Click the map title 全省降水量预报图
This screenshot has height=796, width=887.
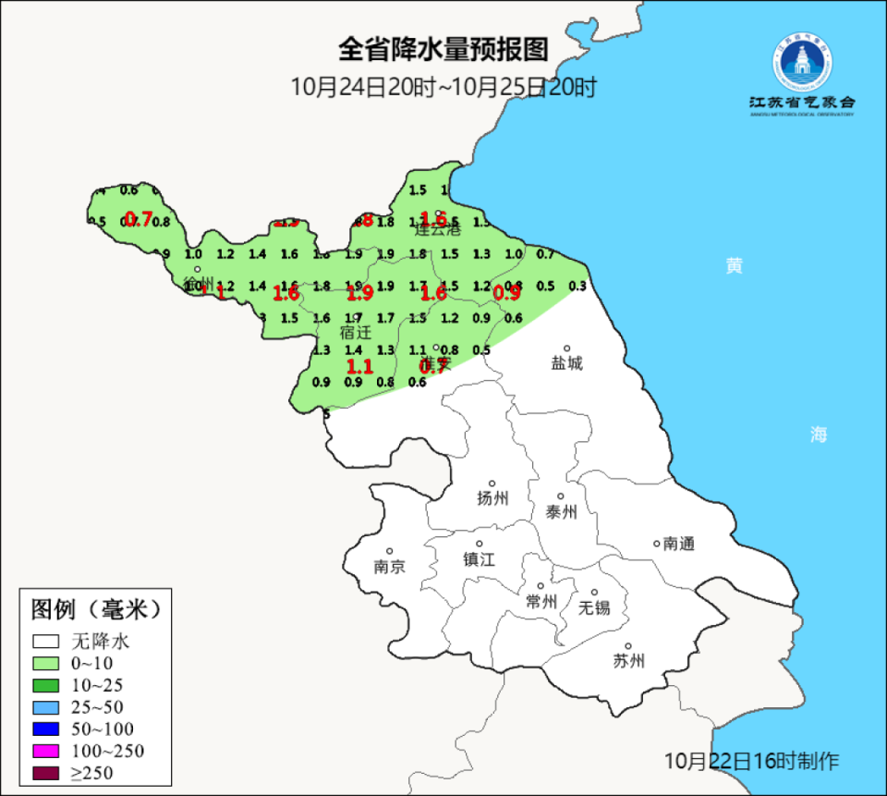pos(443,48)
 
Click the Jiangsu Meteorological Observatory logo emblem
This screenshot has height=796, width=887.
pos(802,62)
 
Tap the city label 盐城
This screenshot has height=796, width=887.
pos(567,363)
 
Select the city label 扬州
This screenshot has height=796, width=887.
pos(492,498)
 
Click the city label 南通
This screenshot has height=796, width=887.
pos(678,544)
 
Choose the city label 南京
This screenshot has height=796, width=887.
pos(390,567)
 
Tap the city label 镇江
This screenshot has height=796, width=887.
pos(480,559)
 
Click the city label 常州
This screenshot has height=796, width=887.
pos(541,601)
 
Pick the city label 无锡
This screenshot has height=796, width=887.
pos(594,607)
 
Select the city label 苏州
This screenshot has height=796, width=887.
pos(628,661)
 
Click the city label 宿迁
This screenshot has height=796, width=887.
pos(355,331)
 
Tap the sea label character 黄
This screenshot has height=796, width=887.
pos(734,266)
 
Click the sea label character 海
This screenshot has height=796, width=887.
pos(819,435)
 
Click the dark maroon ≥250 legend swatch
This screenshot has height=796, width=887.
pos(45,773)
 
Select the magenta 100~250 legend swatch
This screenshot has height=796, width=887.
pos(45,751)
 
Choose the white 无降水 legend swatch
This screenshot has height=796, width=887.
pos(45,641)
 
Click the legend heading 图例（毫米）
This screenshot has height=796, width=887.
pos(95,609)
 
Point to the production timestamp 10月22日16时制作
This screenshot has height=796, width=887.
pos(752,761)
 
